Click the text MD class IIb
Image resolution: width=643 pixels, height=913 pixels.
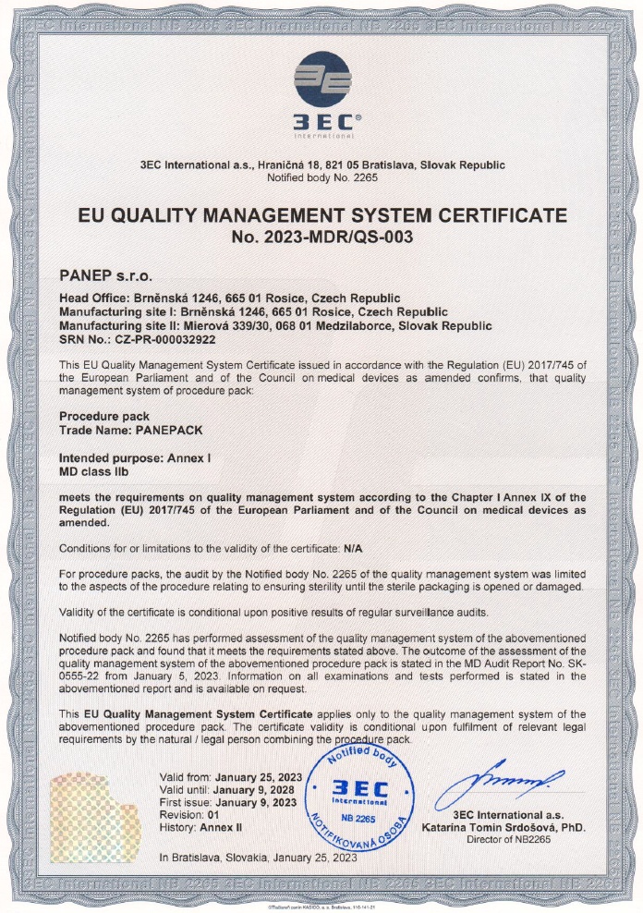[x=98, y=471]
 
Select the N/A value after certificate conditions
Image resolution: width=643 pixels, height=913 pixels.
[x=355, y=548]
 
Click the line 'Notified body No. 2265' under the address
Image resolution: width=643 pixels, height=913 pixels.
[x=321, y=177]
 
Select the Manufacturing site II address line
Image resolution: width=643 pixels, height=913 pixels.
[x=275, y=325]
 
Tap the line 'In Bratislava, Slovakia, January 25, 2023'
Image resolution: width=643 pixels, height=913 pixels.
[x=258, y=858]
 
